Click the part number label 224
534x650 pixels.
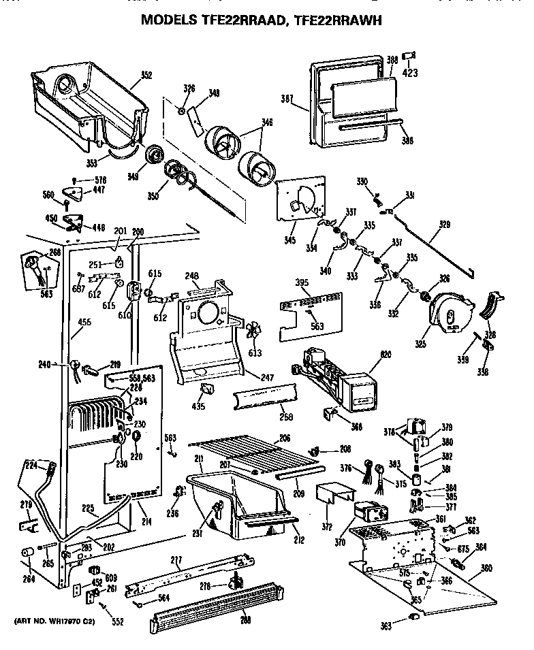[x=31, y=466]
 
